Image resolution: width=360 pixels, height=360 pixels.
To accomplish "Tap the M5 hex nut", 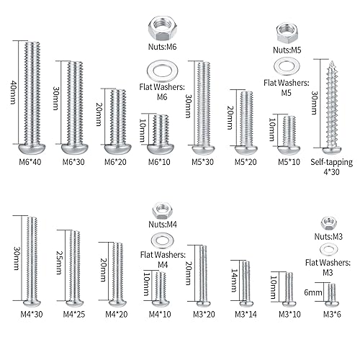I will pos(289,32).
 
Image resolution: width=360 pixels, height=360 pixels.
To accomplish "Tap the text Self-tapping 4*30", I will pos(330,166).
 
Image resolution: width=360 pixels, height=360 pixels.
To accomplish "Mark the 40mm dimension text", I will pos(12,91).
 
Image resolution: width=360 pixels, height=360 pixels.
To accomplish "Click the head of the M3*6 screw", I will pos(330,302).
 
